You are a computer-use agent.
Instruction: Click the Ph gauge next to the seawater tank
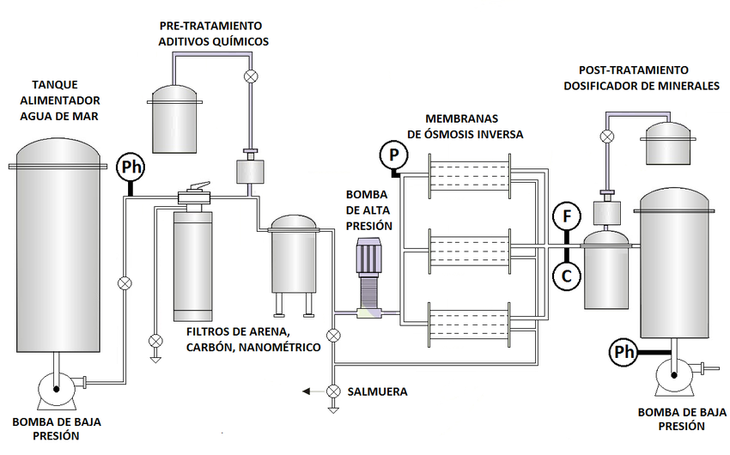(x=130, y=166)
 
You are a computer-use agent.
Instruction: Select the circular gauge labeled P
(x=393, y=155)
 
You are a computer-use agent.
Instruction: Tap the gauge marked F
(x=566, y=216)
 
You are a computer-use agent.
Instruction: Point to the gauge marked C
(x=566, y=275)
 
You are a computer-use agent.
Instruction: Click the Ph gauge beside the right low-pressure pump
(x=623, y=351)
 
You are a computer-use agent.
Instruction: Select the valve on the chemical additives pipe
(x=251, y=76)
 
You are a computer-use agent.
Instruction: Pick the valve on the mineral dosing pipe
(x=606, y=136)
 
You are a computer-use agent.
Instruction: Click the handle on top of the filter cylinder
(x=198, y=187)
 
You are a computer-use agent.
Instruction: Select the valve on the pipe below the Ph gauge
(x=125, y=282)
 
